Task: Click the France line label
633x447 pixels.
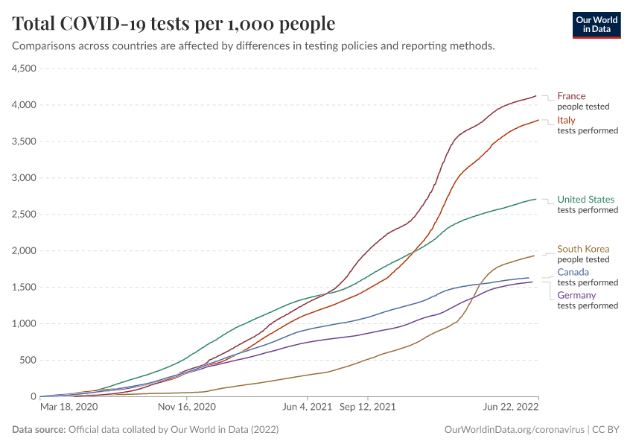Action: [x=571, y=96]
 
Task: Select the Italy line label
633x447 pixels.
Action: [x=566, y=121]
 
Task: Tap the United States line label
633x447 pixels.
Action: [x=586, y=200]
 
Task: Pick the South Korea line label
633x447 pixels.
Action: [x=583, y=250]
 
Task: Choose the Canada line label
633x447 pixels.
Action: [x=573, y=273]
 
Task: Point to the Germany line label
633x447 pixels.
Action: [x=576, y=296]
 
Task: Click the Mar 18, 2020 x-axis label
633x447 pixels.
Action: [x=69, y=408]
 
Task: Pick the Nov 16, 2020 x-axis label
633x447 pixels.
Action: [x=186, y=408]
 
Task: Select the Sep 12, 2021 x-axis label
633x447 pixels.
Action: [x=367, y=408]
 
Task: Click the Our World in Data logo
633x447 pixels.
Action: [x=596, y=24]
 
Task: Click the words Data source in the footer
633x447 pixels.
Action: [x=39, y=430]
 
